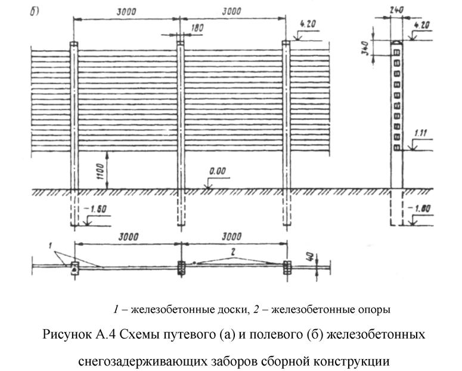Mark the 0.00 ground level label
[218, 172]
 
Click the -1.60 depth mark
[95, 210]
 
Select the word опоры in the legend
[373, 309]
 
